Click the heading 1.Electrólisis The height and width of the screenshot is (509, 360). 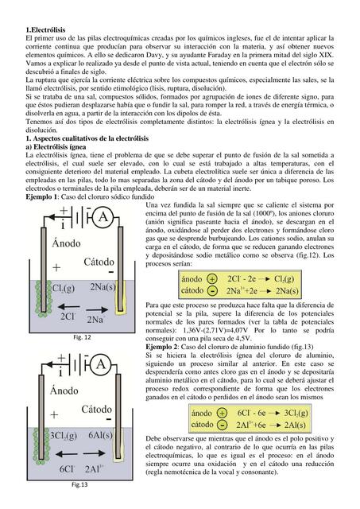point(45,29)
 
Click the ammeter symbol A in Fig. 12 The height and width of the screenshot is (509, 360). point(102,217)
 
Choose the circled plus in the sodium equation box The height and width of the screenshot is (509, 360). point(211,280)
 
